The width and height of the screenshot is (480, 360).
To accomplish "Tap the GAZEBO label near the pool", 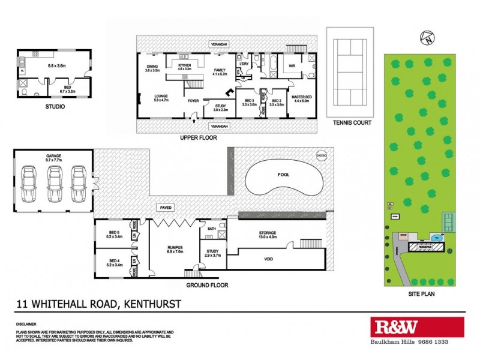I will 322,155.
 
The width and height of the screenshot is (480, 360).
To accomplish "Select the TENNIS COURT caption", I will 352,122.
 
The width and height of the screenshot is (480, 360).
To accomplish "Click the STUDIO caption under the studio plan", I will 55,107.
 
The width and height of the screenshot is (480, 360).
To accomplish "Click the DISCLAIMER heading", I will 26,323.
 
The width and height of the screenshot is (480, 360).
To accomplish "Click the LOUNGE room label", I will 160,98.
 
